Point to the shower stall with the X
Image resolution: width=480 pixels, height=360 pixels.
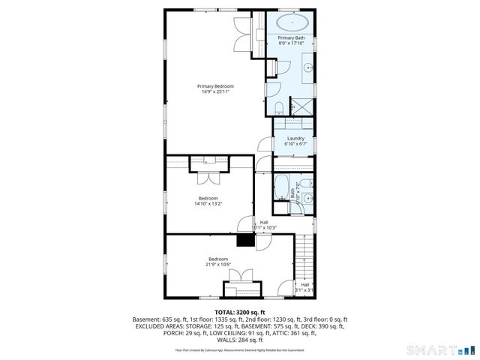301,106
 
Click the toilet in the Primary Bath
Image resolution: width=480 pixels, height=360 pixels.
276,106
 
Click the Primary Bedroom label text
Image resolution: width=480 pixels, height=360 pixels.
214,86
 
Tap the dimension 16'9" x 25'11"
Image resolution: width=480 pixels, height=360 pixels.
214,91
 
